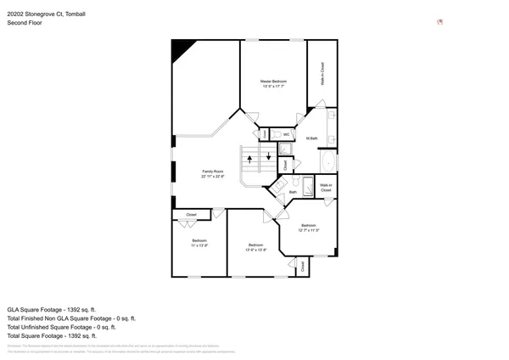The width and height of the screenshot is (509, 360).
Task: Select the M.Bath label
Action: pos(312,138)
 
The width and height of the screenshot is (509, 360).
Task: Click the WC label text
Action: pos(287,134)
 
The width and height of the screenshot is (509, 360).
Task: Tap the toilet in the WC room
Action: pos(266,134)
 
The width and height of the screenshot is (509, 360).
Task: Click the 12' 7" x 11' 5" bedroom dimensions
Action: pos(309,230)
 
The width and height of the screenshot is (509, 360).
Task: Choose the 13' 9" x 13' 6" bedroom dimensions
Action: pos(256,250)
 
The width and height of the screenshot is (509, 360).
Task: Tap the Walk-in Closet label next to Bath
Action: pos(326,188)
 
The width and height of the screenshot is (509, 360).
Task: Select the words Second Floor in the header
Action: pos(25,23)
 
